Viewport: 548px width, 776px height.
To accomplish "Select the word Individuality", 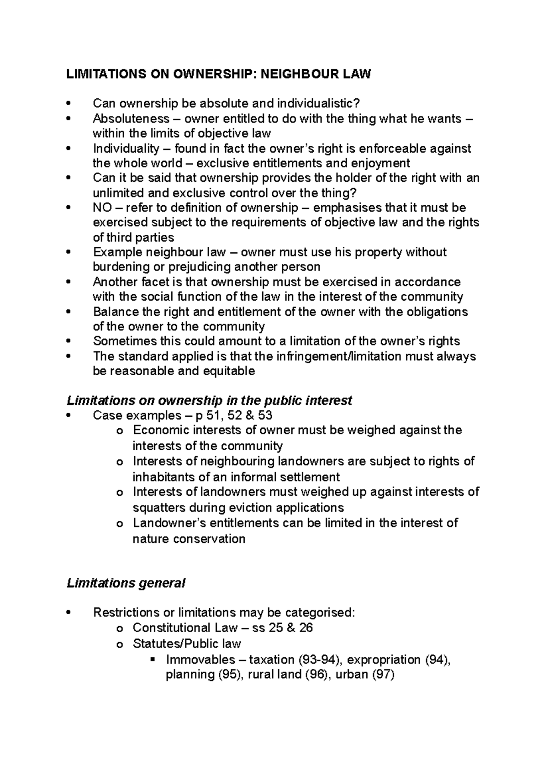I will [126, 149].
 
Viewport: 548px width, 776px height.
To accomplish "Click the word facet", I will [147, 282].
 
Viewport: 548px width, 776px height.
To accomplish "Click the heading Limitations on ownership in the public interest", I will [209, 401].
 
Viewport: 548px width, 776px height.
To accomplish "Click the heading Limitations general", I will [126, 584].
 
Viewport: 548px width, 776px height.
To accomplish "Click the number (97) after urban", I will [383, 675].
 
